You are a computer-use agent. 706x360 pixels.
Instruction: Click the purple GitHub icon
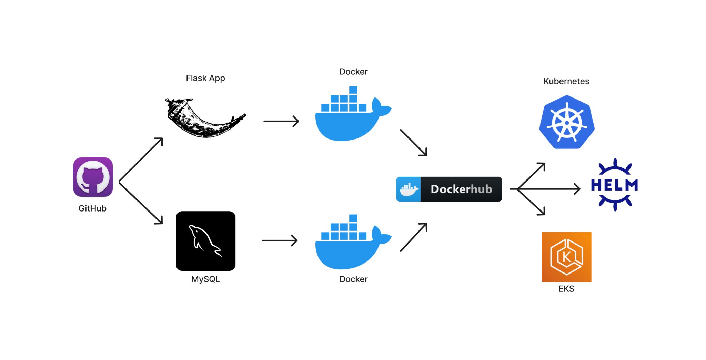(93, 177)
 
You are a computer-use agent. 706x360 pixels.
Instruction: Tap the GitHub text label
(92, 208)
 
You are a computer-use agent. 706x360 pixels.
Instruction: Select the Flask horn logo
(203, 119)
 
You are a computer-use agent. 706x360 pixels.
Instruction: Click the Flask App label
(205, 78)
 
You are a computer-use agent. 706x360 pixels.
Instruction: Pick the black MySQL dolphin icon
(205, 241)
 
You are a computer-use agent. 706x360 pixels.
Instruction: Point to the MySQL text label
(205, 279)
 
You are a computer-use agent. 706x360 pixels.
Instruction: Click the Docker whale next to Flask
(352, 115)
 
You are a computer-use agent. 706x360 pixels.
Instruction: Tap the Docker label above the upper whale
(353, 72)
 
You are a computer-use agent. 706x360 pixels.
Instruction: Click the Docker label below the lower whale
(353, 279)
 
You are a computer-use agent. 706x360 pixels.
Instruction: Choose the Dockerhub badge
(449, 189)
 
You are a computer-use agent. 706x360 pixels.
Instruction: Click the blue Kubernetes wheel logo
(567, 122)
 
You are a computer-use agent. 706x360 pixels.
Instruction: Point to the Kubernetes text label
(566, 81)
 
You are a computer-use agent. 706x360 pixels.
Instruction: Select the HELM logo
(614, 185)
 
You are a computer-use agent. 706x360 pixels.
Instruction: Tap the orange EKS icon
(566, 257)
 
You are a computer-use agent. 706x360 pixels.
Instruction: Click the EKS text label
(566, 289)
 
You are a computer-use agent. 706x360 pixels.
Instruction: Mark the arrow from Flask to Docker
(281, 121)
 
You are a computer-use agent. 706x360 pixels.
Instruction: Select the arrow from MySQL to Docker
(280, 240)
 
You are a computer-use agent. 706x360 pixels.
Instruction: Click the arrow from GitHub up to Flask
(141, 160)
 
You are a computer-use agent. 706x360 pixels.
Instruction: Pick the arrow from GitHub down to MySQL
(141, 203)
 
